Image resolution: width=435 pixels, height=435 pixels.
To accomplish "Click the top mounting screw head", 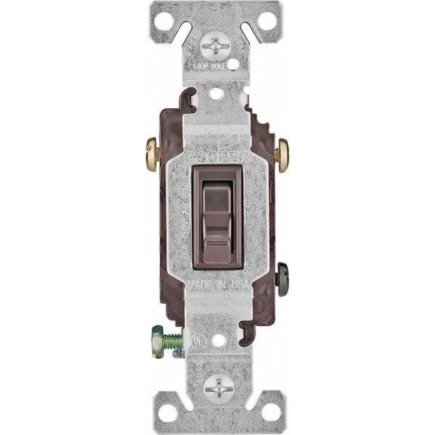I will click(x=217, y=45).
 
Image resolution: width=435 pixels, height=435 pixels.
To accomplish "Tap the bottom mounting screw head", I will click(x=217, y=390).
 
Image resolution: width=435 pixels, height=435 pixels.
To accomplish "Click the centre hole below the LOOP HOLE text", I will click(x=217, y=93).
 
